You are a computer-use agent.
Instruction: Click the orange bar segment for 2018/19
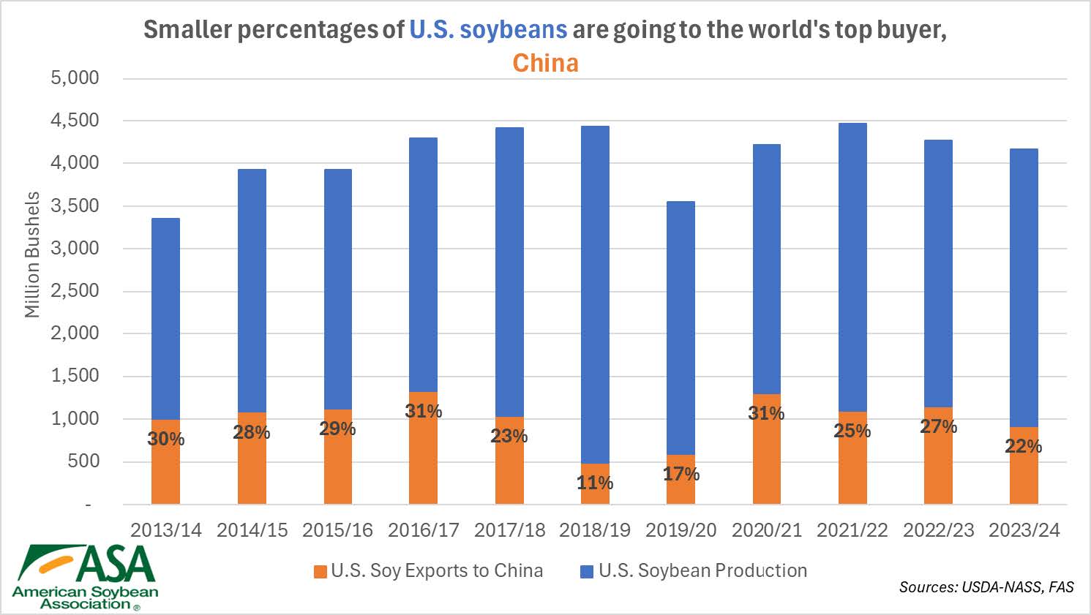tap(595, 494)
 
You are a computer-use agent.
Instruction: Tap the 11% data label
tap(595, 483)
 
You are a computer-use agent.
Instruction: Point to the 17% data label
tap(681, 474)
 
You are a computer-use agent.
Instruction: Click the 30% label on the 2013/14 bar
tap(166, 439)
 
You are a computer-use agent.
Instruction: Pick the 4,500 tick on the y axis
tap(75, 121)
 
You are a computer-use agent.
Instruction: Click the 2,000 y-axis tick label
tap(75, 333)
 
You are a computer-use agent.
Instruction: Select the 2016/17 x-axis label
tap(423, 530)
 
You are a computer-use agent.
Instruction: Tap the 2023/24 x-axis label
tap(1024, 530)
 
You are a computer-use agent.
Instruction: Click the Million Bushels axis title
tap(32, 254)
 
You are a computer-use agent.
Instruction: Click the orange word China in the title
tap(545, 63)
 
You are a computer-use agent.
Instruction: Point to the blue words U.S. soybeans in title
tap(488, 29)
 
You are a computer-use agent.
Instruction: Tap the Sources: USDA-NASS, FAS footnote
tap(986, 586)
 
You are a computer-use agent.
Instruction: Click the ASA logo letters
tap(117, 563)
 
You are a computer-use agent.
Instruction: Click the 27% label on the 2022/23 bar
tap(938, 426)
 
